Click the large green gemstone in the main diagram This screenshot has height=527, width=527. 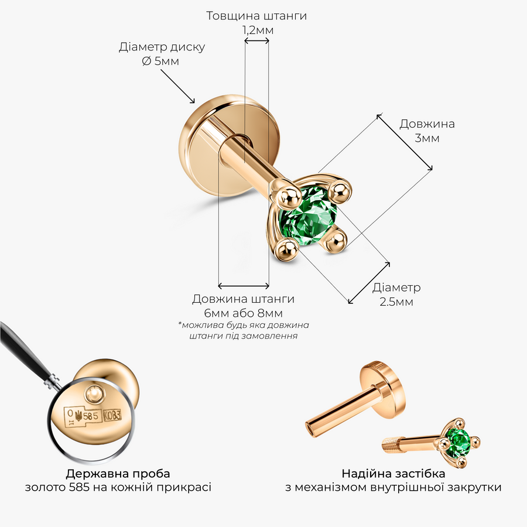[308, 217]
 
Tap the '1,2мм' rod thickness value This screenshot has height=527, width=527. [258, 30]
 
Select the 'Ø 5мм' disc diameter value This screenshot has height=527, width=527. [160, 61]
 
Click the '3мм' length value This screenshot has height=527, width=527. [427, 138]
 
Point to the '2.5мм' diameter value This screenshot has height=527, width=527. [396, 302]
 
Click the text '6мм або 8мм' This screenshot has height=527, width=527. [244, 313]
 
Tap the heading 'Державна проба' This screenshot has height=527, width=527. [118, 474]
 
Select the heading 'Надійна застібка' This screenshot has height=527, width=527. [393, 474]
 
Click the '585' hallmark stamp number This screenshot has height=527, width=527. [91, 416]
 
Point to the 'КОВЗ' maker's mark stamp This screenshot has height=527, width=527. [112, 416]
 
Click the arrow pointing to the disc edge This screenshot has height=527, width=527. [177, 87]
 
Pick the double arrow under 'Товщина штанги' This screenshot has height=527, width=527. [257, 41]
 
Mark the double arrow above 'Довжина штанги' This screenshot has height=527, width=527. [244, 286]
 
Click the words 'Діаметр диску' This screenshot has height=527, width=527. [162, 47]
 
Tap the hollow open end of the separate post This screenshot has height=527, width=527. [310, 430]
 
